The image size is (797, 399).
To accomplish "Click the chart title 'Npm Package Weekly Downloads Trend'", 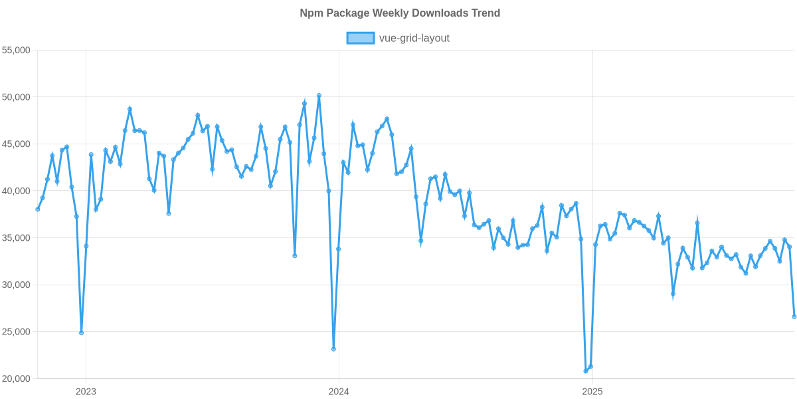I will point(399,13).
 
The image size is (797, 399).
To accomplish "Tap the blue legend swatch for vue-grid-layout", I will point(360,39).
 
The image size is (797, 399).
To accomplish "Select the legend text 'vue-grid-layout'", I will point(414,39).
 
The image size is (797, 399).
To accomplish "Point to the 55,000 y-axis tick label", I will point(18,51).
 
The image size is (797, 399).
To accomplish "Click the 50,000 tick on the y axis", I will point(18,97).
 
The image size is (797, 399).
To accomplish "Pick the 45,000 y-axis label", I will point(18,144).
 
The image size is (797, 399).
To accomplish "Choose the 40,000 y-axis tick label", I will point(18,192).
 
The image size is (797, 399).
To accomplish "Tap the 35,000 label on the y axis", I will point(18,238).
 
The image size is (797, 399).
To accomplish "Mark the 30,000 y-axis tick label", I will point(18,285).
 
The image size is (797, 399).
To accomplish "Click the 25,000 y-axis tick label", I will point(18,332).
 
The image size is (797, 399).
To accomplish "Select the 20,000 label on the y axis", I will point(18,379).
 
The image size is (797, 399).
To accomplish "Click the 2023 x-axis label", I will point(86,392).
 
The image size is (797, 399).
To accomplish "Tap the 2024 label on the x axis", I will point(339,392).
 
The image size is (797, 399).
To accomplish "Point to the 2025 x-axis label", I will point(592,392).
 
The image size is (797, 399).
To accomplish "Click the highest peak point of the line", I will point(319,96).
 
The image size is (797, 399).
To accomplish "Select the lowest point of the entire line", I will point(586,371).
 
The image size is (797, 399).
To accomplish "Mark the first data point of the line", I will point(38,209).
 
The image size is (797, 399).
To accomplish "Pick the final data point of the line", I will point(794,317).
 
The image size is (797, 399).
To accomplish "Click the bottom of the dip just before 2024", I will point(333,349).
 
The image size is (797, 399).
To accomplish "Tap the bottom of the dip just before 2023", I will point(81,333).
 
